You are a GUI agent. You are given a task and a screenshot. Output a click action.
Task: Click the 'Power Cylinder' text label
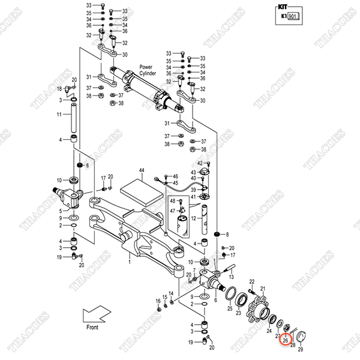tap(148, 70)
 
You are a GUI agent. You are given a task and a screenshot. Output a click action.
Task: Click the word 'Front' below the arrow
tap(92, 327)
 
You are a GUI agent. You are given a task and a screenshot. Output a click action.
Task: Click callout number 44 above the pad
tap(142, 172)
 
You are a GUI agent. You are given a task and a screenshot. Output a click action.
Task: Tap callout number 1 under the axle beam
tap(129, 262)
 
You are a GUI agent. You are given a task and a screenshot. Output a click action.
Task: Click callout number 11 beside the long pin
tap(59, 114)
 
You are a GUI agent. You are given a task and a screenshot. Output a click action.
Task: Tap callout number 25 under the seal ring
tap(229, 309)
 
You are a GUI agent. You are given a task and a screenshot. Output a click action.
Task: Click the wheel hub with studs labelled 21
tap(257, 307)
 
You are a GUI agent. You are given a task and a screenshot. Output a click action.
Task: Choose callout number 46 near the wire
tap(176, 176)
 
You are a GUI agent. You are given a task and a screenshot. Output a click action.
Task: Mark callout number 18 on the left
tap(59, 89)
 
